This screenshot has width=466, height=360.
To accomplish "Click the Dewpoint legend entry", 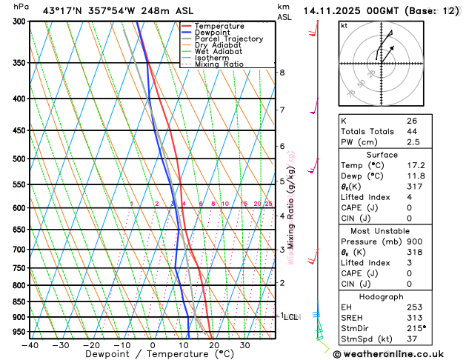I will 216,33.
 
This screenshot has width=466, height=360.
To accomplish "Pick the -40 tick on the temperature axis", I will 30,345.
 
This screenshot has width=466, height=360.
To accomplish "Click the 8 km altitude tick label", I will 282,73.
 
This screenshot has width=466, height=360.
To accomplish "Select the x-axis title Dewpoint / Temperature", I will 152,355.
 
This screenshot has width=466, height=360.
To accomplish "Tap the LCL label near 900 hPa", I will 290,317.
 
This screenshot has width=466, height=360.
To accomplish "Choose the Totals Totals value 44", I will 412,131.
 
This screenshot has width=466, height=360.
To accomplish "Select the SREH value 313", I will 413,319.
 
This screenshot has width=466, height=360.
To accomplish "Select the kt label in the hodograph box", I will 344,25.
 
